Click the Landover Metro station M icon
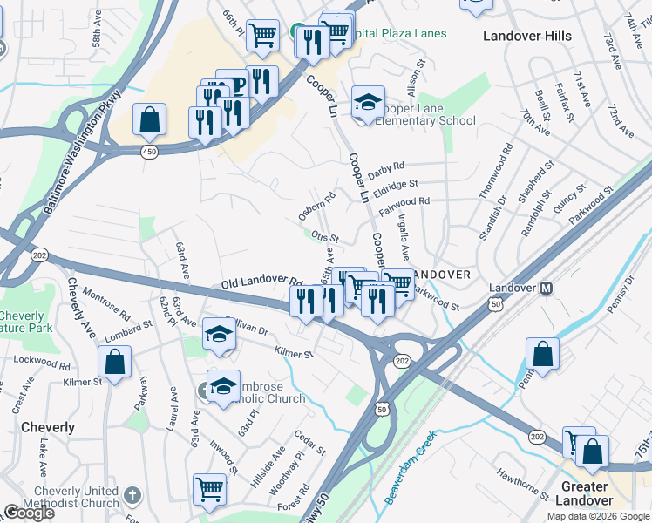pos(547,289)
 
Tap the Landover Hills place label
pos(527,36)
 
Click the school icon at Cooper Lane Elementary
pos(368,103)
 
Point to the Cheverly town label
pos(47,427)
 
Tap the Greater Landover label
pos(585,493)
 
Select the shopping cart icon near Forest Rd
pos(210,490)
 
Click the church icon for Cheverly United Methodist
pos(132,495)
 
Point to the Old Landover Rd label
pos(261,283)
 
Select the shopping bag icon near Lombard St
pos(114,361)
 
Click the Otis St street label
pos(324,236)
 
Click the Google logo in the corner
pos(29,513)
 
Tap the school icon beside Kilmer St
pos(219,335)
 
